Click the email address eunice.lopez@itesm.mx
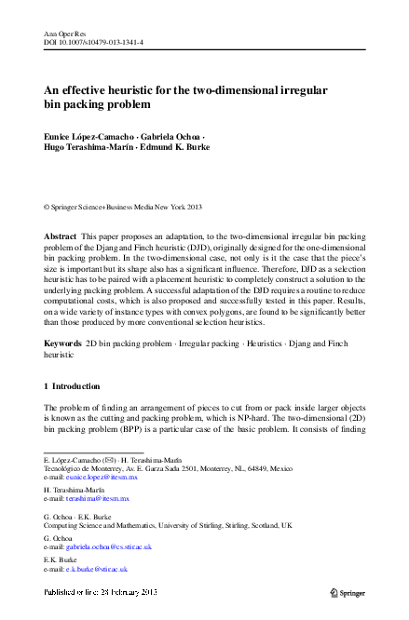pos(103,476)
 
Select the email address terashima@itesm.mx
pos(98,499)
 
